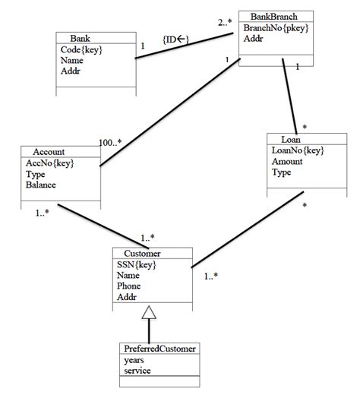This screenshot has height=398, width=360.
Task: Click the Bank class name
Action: click(80, 38)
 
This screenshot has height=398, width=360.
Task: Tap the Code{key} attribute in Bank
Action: click(81, 49)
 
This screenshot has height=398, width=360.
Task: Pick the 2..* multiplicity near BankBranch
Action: click(226, 23)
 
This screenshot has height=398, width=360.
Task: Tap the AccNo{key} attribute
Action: click(49, 163)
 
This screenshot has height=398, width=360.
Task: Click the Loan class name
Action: click(292, 139)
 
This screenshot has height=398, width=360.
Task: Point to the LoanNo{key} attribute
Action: click(298, 150)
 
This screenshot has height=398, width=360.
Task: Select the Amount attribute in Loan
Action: click(288, 161)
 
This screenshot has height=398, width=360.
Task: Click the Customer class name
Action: click(141, 253)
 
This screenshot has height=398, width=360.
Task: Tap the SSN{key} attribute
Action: click(138, 264)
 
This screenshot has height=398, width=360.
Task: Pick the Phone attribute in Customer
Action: click(130, 286)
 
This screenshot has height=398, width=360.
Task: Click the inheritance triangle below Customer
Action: click(150, 311)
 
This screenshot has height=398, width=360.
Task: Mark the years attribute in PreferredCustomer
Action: click(134, 360)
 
